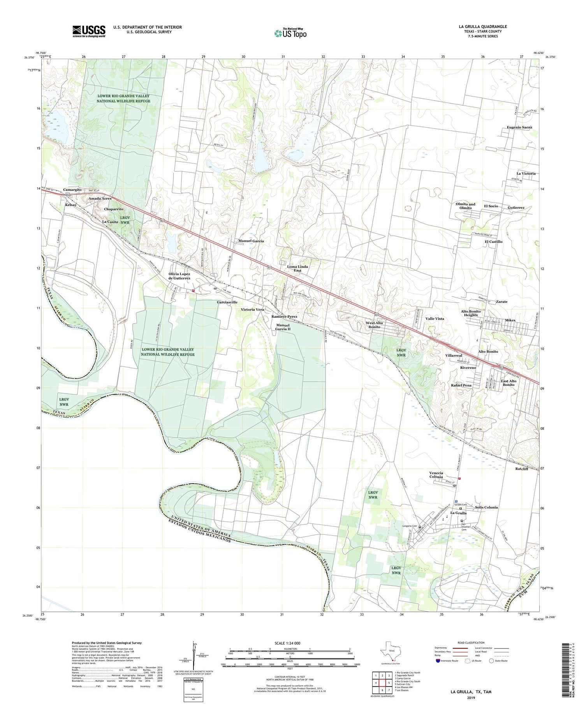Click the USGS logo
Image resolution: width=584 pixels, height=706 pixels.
[x=88, y=31]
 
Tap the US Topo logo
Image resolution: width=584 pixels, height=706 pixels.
[x=290, y=33]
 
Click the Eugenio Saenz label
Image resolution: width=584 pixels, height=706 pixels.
[x=519, y=127]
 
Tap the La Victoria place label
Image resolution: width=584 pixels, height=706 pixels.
[x=526, y=173]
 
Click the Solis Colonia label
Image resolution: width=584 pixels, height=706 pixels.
[x=486, y=507]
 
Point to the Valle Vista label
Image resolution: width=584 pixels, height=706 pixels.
[x=434, y=319]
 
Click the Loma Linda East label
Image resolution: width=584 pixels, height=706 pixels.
[x=297, y=268]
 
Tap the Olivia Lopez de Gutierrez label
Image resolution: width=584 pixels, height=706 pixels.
[x=179, y=276]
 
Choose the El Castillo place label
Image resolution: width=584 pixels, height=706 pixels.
[x=493, y=241]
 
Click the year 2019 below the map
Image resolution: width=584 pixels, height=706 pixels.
[x=471, y=698]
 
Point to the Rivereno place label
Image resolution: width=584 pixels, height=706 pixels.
[x=468, y=368]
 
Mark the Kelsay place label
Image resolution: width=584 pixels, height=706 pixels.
[x=71, y=205]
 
